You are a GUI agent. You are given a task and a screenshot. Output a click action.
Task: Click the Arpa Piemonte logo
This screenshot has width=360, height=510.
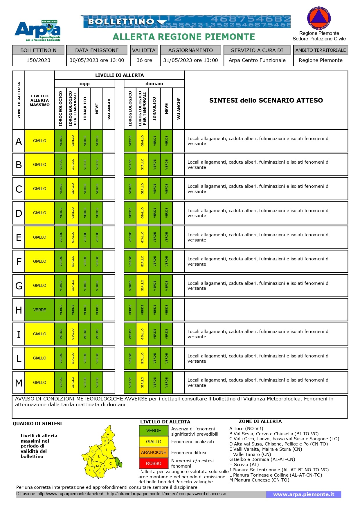37,31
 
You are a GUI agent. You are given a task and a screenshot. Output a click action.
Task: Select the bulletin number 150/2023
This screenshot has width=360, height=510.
38,60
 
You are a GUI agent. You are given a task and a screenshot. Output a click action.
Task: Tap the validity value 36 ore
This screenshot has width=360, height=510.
144,60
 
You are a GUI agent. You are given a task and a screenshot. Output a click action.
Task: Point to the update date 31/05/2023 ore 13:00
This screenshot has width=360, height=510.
190,60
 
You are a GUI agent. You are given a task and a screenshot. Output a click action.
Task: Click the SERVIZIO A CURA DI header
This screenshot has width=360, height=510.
257,50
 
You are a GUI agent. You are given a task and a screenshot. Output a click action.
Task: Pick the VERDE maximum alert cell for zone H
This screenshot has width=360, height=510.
39,310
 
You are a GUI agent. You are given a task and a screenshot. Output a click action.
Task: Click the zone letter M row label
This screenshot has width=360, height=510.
19,383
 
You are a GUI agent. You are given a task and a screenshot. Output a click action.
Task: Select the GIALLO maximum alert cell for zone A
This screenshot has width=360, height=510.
39,141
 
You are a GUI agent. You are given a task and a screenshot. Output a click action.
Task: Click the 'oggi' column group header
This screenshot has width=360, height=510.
84,84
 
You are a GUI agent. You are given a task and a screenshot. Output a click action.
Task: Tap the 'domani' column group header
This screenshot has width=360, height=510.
154,84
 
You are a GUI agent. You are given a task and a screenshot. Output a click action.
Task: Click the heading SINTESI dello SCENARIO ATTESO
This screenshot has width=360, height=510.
266,100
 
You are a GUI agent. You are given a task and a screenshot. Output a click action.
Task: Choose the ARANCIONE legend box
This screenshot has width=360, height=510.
154,452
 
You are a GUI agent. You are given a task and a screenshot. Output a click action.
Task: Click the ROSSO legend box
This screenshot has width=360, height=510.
154,464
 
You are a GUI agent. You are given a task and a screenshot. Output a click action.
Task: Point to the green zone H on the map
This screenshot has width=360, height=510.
118,462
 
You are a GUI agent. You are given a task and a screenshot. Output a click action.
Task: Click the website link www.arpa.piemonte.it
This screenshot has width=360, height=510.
304,494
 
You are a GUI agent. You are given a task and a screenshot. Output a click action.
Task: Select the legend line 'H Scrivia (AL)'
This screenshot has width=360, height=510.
244,465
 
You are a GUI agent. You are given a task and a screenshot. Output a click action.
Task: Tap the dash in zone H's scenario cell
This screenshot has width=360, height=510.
188,310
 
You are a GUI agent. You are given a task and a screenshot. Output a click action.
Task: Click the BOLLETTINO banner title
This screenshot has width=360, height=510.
121,22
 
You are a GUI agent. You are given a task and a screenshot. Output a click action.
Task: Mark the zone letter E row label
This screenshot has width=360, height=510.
19,237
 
